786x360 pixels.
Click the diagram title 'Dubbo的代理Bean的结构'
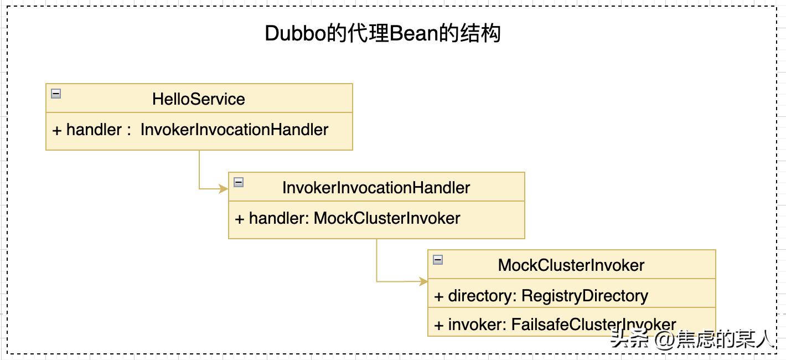click(x=382, y=34)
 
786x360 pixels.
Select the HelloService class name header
click(x=199, y=99)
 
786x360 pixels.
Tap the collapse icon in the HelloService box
click(x=56, y=94)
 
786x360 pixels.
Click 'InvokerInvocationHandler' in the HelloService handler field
click(x=234, y=130)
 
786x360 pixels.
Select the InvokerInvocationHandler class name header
click(x=376, y=188)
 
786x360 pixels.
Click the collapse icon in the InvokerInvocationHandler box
click(x=239, y=182)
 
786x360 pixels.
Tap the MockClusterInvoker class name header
click(x=571, y=265)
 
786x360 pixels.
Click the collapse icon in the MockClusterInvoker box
click(x=438, y=260)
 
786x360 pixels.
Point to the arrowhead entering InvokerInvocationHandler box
click(x=224, y=189)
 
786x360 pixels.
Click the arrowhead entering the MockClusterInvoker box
click(x=423, y=281)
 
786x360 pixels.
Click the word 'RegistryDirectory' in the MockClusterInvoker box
click(x=585, y=296)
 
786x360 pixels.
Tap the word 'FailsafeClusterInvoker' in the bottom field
click(x=594, y=325)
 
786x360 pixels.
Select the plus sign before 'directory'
click(x=439, y=296)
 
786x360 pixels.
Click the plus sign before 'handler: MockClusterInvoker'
click(x=240, y=219)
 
